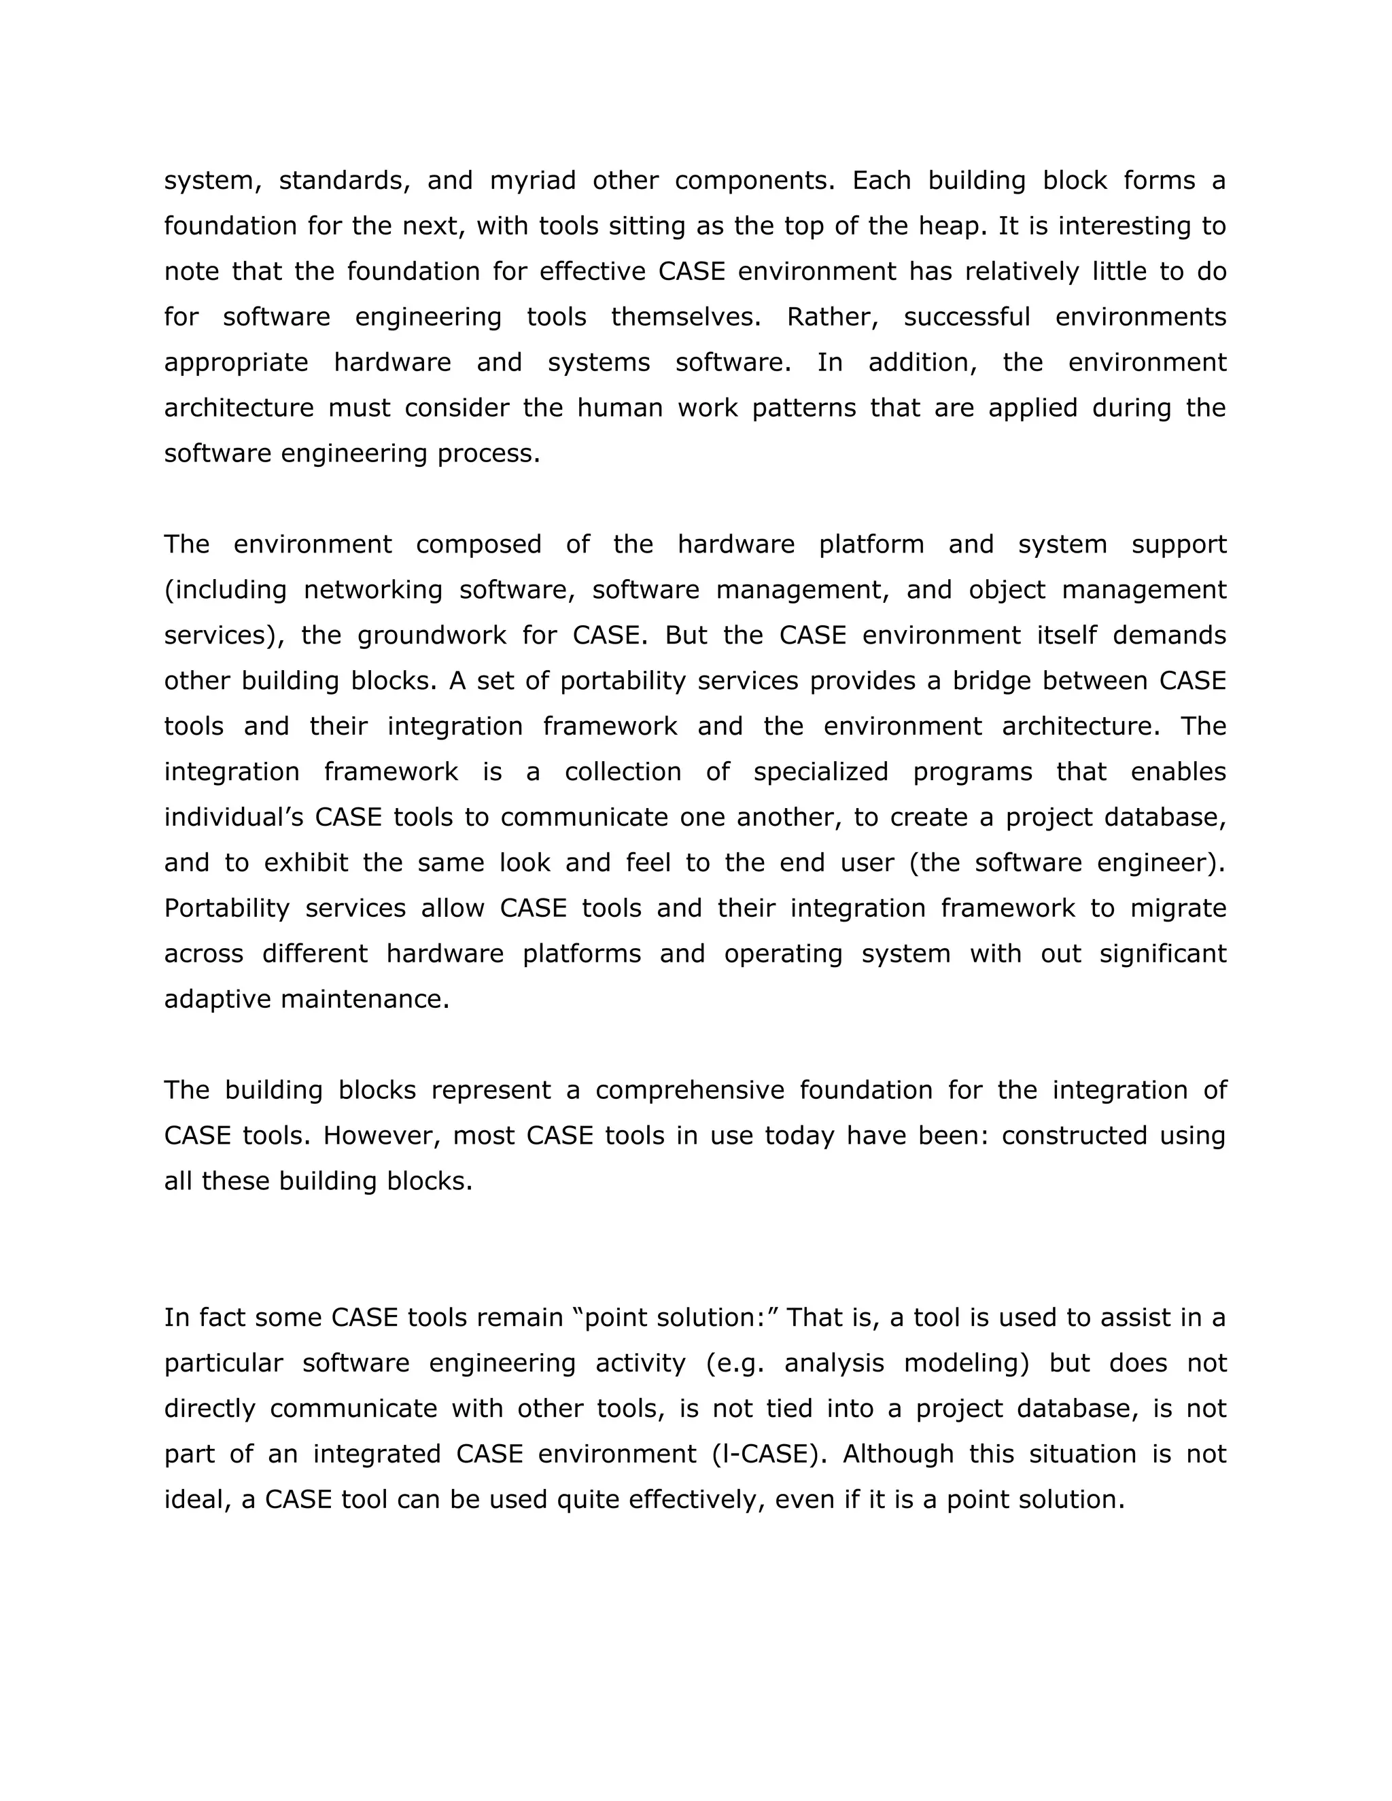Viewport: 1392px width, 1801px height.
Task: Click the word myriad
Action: point(533,181)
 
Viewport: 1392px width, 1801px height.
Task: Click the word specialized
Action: point(820,771)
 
